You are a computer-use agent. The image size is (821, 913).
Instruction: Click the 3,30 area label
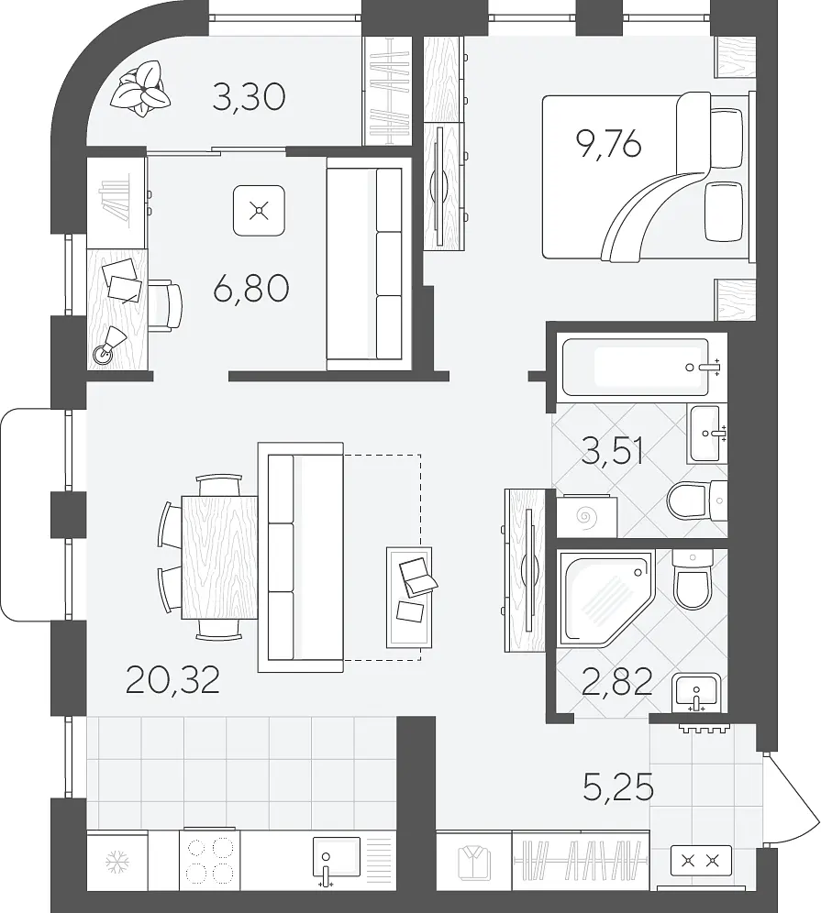pos(249,97)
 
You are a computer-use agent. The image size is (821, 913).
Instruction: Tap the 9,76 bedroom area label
pos(608,144)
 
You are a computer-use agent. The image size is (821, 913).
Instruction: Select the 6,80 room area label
pos(251,289)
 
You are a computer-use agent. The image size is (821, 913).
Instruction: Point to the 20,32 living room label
pos(172,680)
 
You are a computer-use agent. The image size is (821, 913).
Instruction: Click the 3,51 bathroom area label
pos(613,451)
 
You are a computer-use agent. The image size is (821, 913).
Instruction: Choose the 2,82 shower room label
pos(617,682)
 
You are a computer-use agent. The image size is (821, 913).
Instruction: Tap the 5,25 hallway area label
pos(618,787)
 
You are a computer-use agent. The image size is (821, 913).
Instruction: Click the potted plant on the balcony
pos(141,89)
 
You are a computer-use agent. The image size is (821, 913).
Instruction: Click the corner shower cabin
pos(606,599)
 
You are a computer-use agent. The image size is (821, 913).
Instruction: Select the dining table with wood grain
pos(219,557)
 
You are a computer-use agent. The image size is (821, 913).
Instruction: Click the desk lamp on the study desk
pos(108,346)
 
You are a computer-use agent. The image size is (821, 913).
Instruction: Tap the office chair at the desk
pos(165,305)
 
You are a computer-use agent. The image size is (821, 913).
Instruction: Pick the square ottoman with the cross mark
pos(259,210)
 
